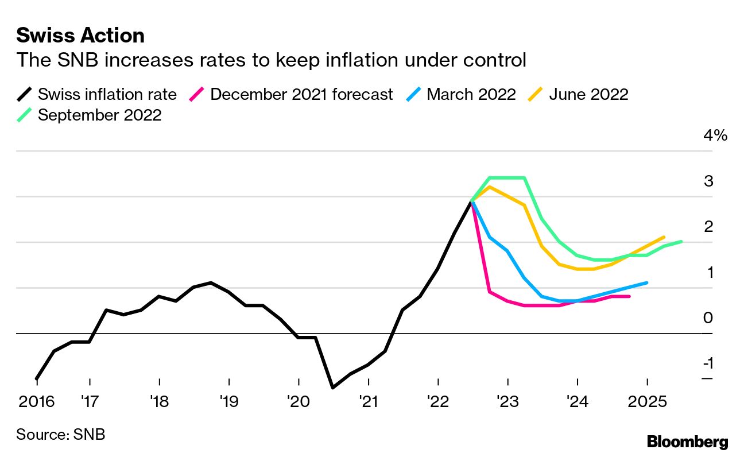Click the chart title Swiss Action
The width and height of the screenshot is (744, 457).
80,36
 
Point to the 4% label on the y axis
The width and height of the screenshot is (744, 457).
715,136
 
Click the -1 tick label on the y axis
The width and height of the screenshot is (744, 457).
708,363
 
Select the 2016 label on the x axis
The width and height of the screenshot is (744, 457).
37,401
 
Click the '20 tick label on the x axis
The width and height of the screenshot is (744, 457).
299,401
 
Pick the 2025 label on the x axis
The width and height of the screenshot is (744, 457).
648,401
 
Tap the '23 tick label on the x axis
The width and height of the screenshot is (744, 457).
507,401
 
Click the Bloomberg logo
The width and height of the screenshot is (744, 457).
687,441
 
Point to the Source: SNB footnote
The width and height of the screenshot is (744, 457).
60,434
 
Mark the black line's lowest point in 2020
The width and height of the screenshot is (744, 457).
333,388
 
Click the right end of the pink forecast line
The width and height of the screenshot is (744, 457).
630,296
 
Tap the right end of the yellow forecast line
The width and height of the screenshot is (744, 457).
664,237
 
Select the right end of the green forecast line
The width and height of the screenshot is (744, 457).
681,242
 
